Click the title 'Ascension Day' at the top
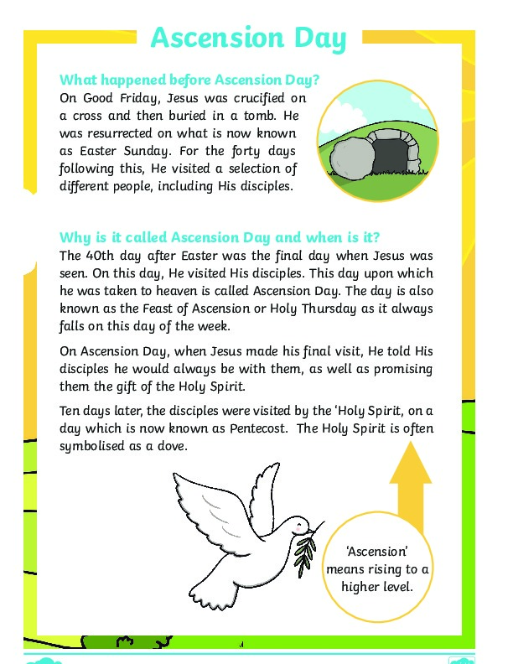click(248, 39)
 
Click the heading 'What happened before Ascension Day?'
click(189, 80)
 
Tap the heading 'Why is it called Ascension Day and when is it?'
click(225, 236)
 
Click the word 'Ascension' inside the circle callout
click(376, 552)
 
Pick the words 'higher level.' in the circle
click(377, 587)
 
